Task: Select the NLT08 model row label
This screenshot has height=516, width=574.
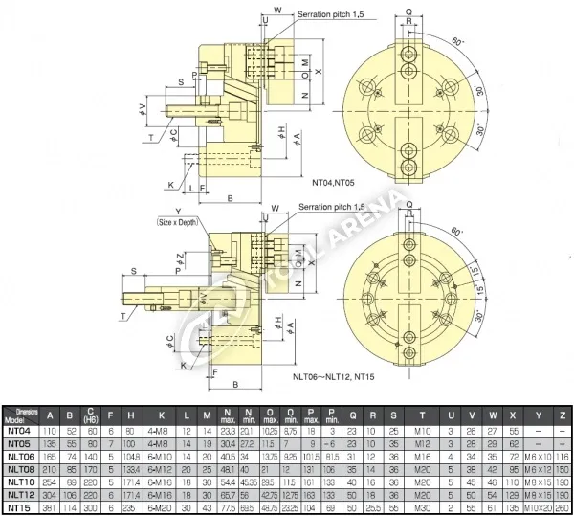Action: [x=20, y=469]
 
